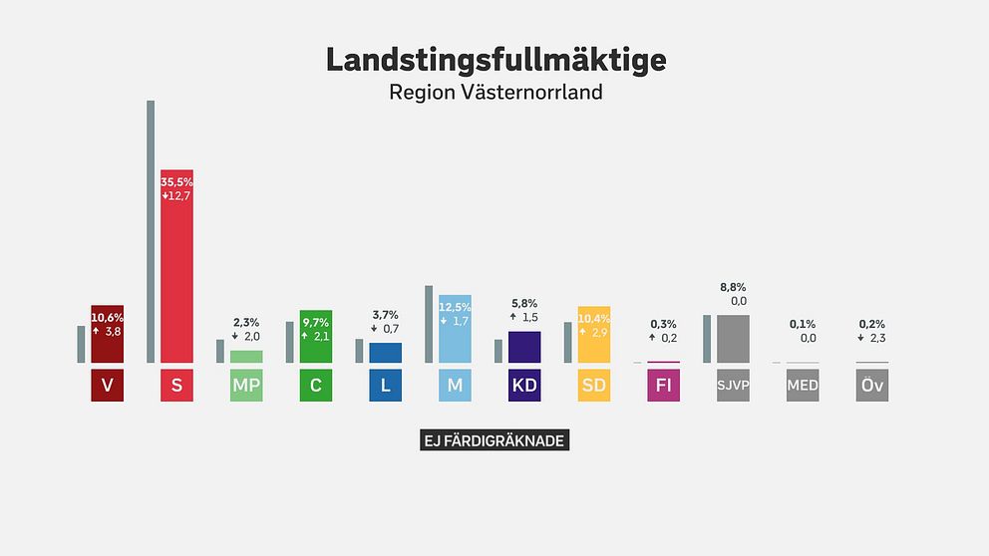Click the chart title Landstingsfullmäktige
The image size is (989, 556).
(495, 60)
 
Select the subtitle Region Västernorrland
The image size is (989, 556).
(495, 93)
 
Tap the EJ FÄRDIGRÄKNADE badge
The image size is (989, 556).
(494, 440)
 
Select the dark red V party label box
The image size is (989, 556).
(107, 386)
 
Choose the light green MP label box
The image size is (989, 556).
(246, 386)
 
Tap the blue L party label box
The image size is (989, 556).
(386, 386)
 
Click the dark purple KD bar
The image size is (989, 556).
(524, 347)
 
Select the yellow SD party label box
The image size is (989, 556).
(594, 386)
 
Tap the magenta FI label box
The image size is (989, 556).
(664, 386)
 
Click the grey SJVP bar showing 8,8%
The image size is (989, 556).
(733, 339)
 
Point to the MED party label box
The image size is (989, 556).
(803, 386)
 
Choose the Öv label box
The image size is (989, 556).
(872, 386)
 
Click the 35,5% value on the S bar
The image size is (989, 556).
(176, 182)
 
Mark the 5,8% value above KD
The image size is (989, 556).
(524, 303)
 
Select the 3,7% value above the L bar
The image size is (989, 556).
(385, 315)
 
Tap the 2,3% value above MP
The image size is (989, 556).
(246, 322)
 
